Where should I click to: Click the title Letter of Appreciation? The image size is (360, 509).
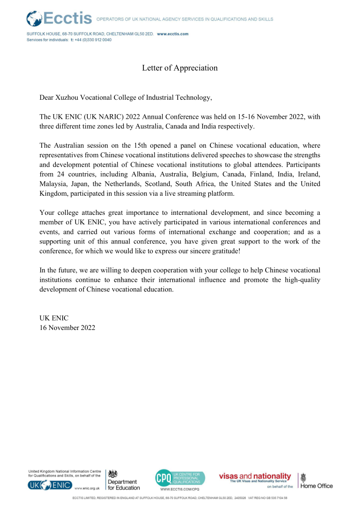point(180,68)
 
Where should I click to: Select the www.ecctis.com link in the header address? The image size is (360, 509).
point(173,34)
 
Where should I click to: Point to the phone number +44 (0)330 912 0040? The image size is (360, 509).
point(93,40)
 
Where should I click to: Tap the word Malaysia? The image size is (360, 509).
point(53,184)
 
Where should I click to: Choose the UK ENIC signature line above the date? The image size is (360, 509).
point(54,318)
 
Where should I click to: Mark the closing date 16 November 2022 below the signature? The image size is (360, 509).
point(68,328)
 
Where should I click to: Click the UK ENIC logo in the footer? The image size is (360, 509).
point(50,485)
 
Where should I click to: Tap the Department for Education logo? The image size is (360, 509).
point(124,480)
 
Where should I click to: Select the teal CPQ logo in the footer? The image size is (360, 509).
point(180,479)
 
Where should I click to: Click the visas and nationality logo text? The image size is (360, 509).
point(255,476)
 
